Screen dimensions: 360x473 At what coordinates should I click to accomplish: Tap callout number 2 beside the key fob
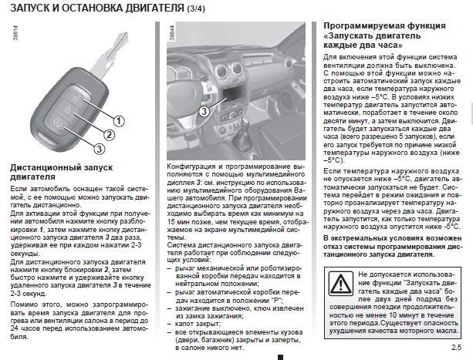110,133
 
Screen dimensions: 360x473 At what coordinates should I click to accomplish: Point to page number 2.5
456,348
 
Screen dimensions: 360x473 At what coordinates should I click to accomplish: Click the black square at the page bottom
280,356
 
